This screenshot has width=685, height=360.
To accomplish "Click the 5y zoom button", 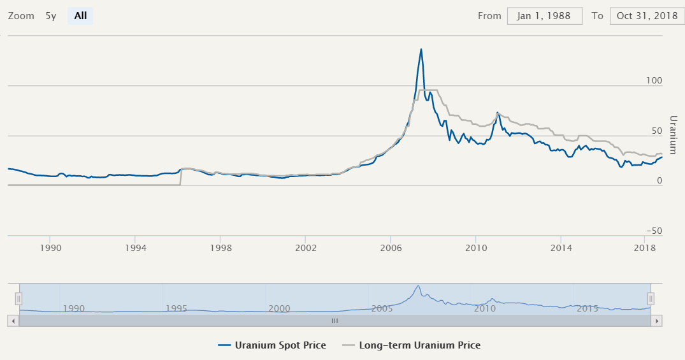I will point(51,16).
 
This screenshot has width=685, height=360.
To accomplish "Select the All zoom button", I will point(80,16).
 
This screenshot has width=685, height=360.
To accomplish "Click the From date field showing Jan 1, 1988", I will point(545,16).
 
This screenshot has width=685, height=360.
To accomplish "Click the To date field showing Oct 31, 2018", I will point(646,16).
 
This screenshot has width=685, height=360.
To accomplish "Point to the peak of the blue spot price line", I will point(421,49).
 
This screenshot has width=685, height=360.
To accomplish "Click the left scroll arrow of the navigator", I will point(13,321).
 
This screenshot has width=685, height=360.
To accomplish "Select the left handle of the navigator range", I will point(19,298).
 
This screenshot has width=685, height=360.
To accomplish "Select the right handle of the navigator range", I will point(651,298).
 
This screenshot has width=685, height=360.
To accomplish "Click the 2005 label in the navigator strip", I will point(382,308).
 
